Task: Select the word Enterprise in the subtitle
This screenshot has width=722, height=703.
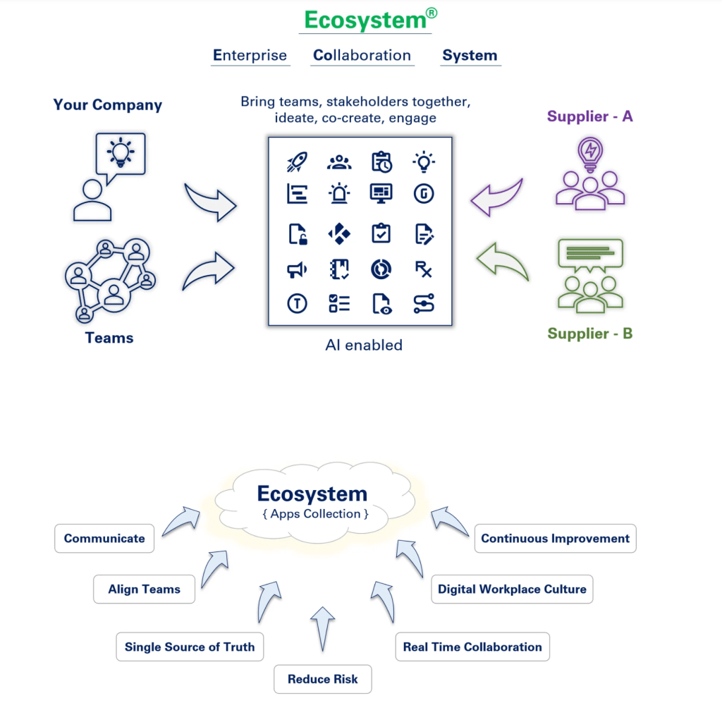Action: [x=250, y=56]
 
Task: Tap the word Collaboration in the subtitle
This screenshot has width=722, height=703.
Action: [x=362, y=56]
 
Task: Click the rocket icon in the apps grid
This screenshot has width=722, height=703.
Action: [x=297, y=162]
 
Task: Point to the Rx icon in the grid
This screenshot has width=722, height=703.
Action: [x=423, y=269]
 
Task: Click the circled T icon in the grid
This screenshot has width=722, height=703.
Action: [x=297, y=303]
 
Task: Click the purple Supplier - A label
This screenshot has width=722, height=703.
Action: [x=589, y=116]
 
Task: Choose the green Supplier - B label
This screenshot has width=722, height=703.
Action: [x=589, y=334]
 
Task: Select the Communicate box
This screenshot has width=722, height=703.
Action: [x=104, y=539]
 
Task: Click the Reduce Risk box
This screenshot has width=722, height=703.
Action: [x=322, y=680]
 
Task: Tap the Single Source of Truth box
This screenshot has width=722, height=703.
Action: [x=190, y=647]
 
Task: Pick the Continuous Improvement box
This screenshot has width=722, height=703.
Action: [x=555, y=539]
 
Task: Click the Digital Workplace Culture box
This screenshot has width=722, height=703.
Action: [x=512, y=589]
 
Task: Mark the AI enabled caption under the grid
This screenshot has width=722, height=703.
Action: [x=364, y=346]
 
